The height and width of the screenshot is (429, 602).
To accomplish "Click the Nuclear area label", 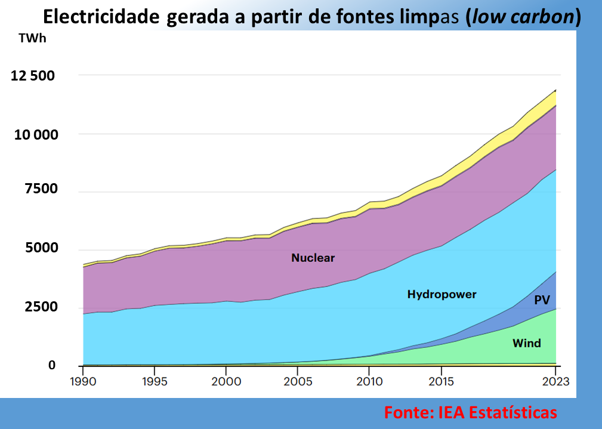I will tap(313, 258).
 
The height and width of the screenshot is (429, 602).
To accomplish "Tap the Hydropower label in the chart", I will tap(442, 294).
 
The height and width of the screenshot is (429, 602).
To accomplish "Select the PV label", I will tap(542, 300).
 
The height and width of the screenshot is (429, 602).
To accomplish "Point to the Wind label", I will tap(526, 343).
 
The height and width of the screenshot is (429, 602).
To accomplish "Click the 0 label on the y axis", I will tap(51, 365).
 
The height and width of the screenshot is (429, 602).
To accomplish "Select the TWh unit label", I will tap(31, 39).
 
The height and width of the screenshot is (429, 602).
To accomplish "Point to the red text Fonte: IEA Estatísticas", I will tap(470, 412).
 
